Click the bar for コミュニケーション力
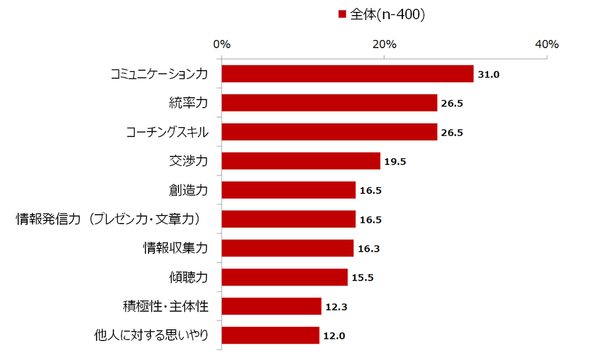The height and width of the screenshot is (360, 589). [x=347, y=74]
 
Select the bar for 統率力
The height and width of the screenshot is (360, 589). [x=329, y=103]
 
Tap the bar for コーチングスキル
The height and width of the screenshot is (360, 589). [x=329, y=132]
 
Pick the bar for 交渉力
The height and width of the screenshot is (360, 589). [x=301, y=161]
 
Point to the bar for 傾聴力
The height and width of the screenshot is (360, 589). [x=284, y=277]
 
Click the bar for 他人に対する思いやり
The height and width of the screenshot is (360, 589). [x=270, y=336]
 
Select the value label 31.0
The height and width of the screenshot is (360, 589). [x=488, y=75]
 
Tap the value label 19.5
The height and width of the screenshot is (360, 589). [x=395, y=162]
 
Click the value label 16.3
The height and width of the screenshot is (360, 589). [x=368, y=249]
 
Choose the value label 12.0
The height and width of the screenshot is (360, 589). [x=334, y=336]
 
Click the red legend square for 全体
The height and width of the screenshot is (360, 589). [x=342, y=14]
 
